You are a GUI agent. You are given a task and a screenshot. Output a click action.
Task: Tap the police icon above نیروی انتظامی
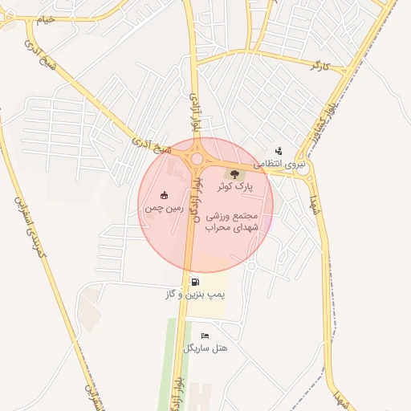(x=279, y=150)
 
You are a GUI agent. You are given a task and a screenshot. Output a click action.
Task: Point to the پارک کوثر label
(x=234, y=186)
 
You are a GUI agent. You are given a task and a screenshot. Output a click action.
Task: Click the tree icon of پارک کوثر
(x=234, y=173)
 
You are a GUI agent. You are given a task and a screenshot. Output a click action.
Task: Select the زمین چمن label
(x=165, y=208)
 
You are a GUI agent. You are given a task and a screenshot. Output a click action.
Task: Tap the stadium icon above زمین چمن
(x=165, y=195)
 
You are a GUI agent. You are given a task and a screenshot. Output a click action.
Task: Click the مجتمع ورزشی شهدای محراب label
(x=231, y=222)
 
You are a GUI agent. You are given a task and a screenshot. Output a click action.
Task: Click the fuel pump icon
(x=196, y=282)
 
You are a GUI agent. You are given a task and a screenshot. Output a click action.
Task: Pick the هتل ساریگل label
(x=205, y=348)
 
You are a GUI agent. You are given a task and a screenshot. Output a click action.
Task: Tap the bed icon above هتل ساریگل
(x=205, y=336)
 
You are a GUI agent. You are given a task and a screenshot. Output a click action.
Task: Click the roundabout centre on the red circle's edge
(x=197, y=158)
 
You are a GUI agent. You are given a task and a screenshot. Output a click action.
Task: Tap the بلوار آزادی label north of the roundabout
(x=193, y=112)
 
